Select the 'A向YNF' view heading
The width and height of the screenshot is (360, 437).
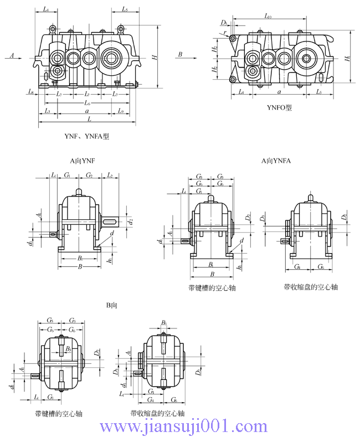pyautogui.click(x=83, y=161)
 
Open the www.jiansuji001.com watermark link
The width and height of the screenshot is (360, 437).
pyautogui.click(x=183, y=426)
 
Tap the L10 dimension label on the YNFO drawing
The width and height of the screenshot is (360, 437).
pyautogui.click(x=268, y=17)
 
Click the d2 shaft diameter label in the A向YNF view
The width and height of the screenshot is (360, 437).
pyautogui.click(x=130, y=222)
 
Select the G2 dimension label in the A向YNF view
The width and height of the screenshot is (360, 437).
pyautogui.click(x=89, y=175)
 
